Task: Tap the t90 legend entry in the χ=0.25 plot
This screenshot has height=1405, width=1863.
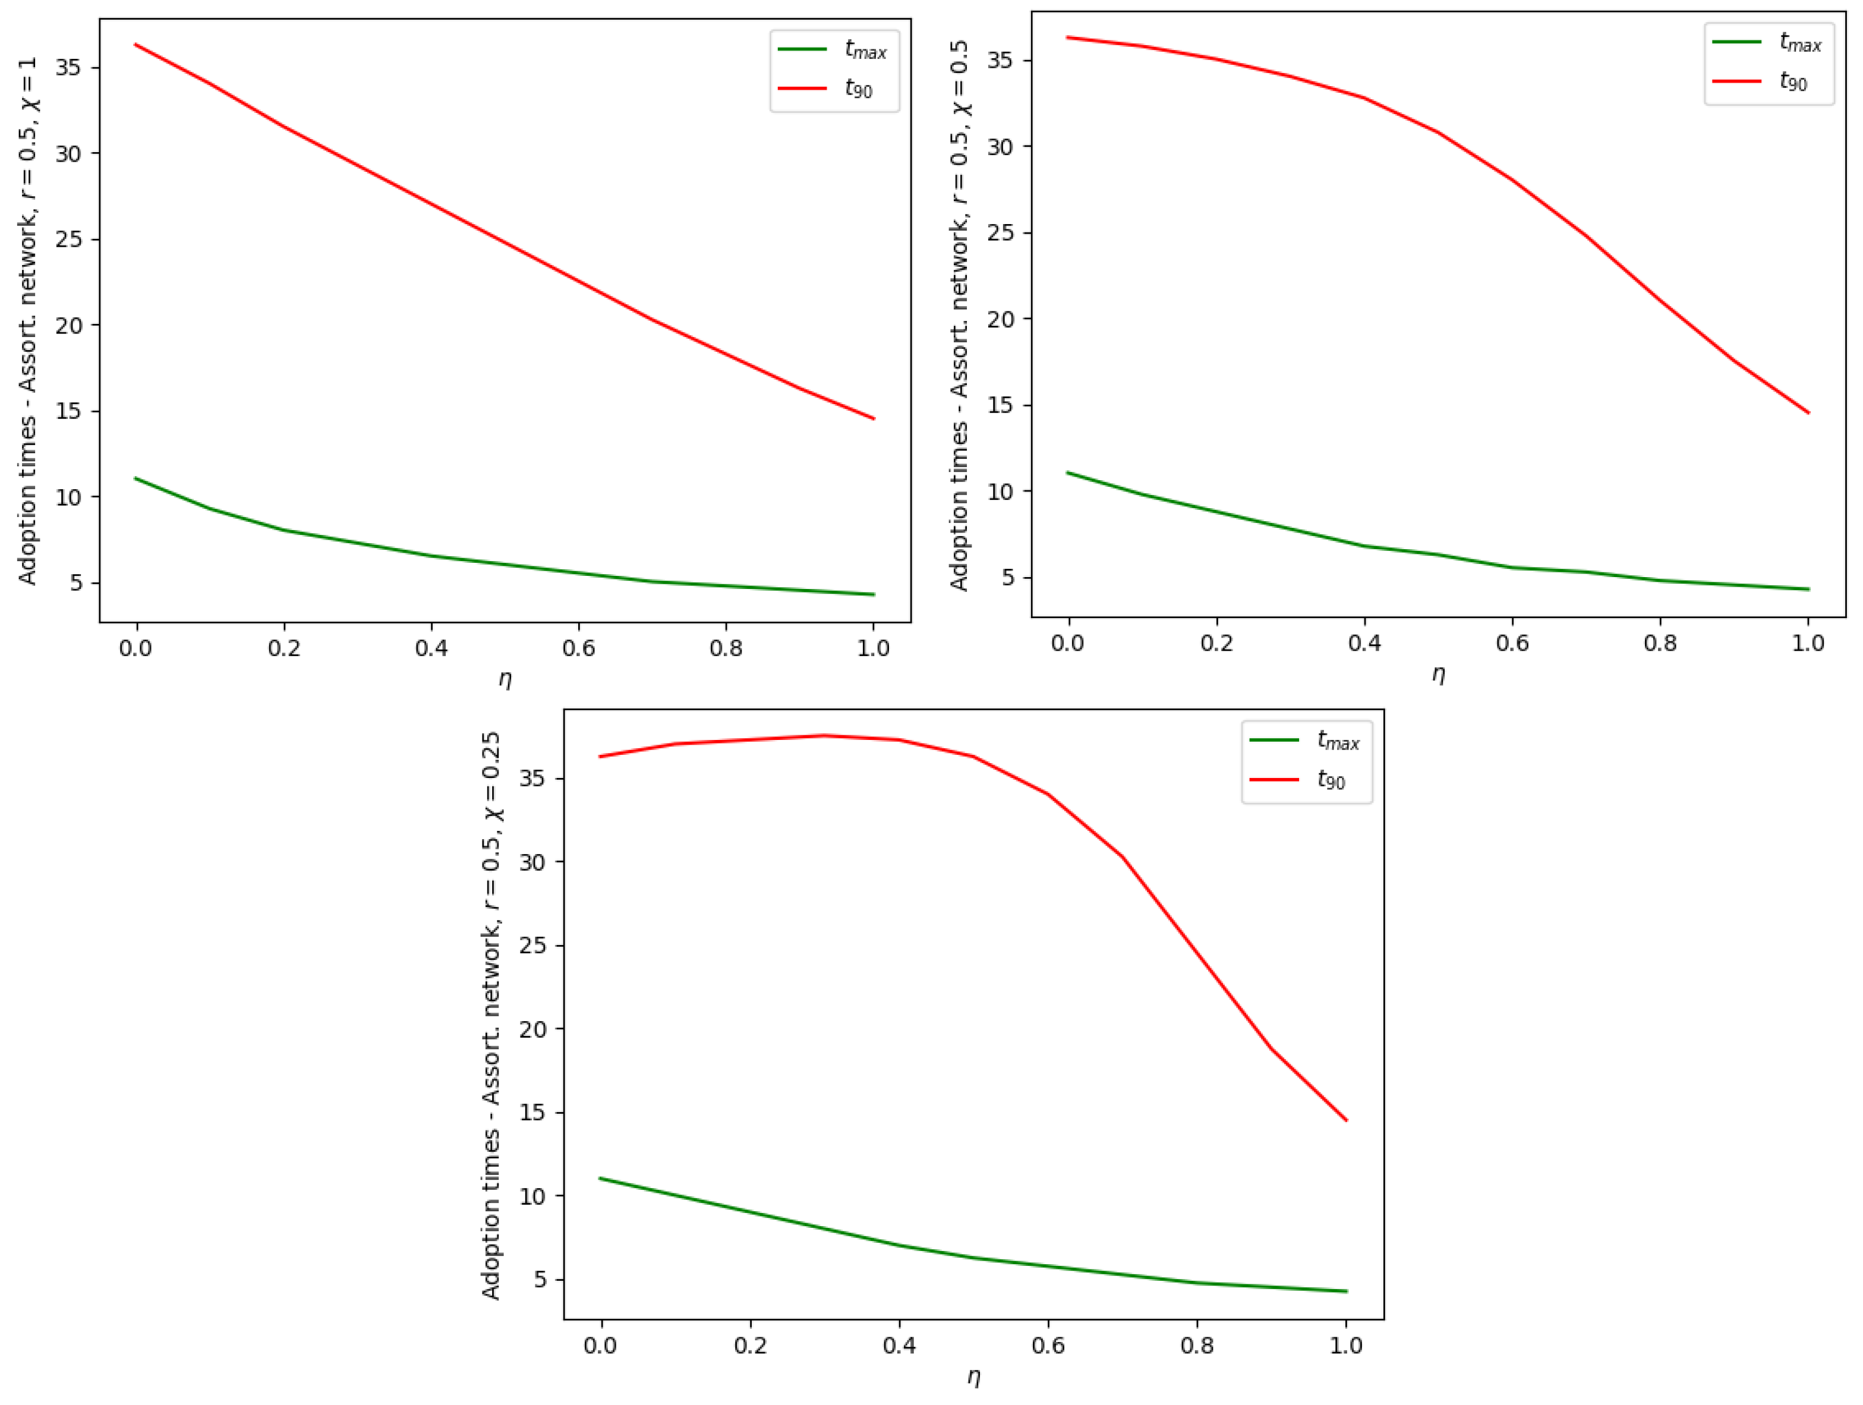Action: [x=1331, y=780]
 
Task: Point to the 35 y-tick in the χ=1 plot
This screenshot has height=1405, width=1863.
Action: [x=69, y=67]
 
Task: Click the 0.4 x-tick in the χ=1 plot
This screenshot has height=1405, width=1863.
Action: [x=431, y=648]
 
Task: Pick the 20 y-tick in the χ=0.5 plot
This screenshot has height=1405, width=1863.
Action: [x=1001, y=319]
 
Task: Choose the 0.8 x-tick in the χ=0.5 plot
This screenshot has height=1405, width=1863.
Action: [x=1660, y=644]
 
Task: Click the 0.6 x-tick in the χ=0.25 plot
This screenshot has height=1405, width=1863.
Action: [x=1048, y=1345]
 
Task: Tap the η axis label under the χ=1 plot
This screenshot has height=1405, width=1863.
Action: [x=505, y=679]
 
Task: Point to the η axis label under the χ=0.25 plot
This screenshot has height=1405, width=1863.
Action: [x=973, y=1377]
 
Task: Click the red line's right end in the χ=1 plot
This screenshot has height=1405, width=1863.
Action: [x=874, y=418]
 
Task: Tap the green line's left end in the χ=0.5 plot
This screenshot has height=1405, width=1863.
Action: [x=1068, y=472]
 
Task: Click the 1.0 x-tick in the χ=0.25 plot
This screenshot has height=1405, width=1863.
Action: [x=1346, y=1345]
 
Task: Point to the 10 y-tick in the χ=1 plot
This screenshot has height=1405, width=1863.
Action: [x=69, y=497]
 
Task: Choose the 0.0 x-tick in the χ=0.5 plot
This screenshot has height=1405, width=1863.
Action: [x=1068, y=644]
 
